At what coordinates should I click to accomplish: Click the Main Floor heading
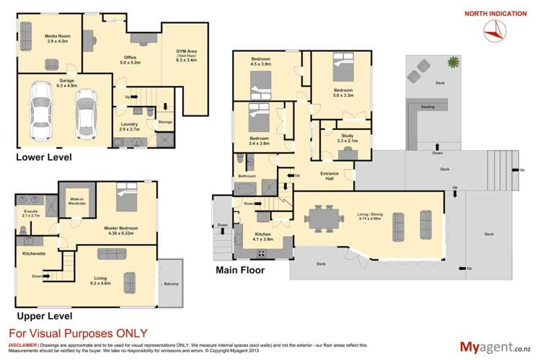tap(240, 271)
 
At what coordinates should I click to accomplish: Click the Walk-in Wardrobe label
tap(78, 204)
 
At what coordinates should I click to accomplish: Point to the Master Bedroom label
tap(120, 230)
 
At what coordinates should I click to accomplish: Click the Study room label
tap(347, 140)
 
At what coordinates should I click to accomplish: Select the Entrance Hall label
tap(330, 176)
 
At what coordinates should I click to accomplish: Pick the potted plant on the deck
tap(453, 63)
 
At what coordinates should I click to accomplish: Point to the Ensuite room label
tap(31, 214)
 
